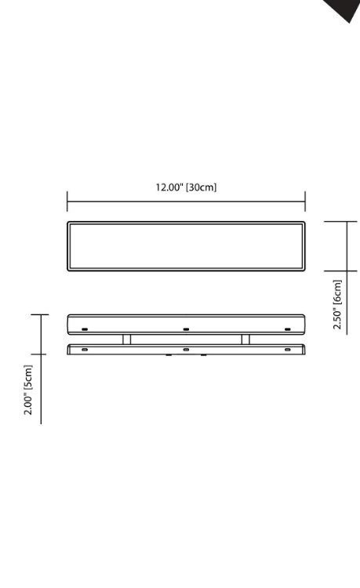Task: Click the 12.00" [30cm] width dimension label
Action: click(x=185, y=187)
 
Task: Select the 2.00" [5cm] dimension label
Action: click(x=28, y=390)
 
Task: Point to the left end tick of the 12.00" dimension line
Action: click(x=67, y=201)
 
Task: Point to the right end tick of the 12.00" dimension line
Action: click(x=305, y=201)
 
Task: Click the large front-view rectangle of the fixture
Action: click(x=186, y=246)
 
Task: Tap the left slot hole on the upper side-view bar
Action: click(x=85, y=328)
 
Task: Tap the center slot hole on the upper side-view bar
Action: click(x=186, y=328)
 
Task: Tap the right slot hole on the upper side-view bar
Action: click(x=288, y=328)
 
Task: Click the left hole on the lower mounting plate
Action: click(x=85, y=349)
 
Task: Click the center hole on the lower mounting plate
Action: click(x=186, y=349)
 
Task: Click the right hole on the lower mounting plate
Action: click(x=288, y=349)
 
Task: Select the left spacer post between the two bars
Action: click(x=126, y=339)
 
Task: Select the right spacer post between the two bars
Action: click(x=245, y=339)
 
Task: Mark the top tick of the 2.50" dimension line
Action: click(x=347, y=222)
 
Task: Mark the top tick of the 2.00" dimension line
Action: click(x=41, y=315)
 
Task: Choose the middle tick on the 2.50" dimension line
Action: click(x=347, y=271)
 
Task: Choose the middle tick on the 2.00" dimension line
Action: click(x=41, y=354)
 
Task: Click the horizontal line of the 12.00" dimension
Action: click(x=186, y=201)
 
